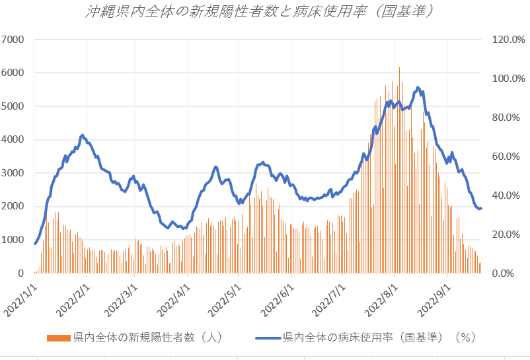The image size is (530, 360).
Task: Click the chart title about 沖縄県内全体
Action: (x=264, y=13)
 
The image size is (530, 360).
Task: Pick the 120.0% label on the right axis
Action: (x=508, y=39)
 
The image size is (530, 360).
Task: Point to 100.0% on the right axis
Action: (x=508, y=78)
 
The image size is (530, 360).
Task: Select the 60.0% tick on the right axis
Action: (x=510, y=157)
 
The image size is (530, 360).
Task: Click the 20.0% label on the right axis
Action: (x=510, y=234)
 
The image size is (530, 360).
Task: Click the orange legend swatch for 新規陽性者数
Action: (x=59, y=338)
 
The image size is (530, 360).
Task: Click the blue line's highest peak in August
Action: (x=418, y=87)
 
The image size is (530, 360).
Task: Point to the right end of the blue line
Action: (x=481, y=209)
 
